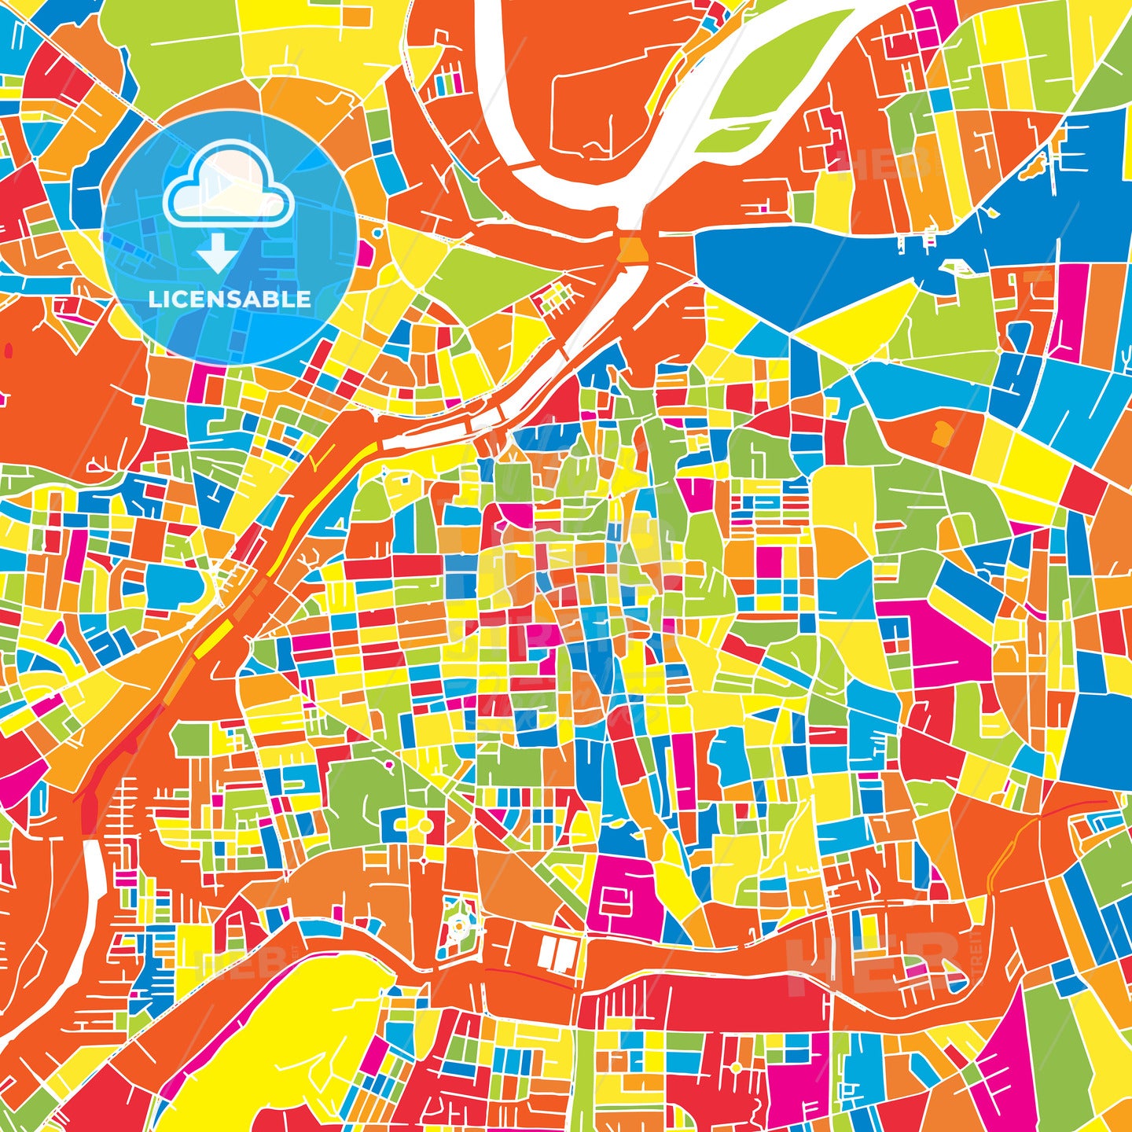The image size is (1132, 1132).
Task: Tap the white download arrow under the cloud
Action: pyautogui.click(x=217, y=255)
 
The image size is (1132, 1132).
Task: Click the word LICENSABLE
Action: pyautogui.click(x=230, y=300)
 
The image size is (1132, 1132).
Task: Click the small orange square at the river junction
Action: pyautogui.click(x=632, y=249)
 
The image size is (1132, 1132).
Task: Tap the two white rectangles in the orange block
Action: pyautogui.click(x=557, y=954)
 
